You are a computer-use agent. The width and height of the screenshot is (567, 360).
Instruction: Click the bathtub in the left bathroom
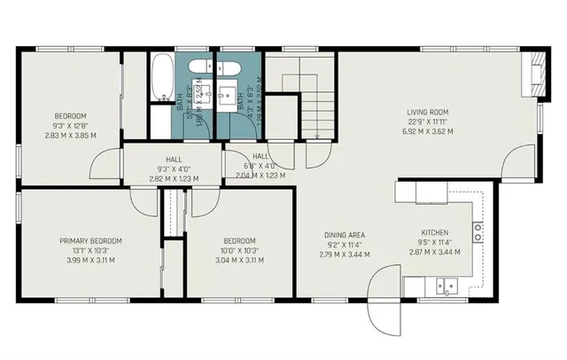pyautogui.click(x=161, y=78)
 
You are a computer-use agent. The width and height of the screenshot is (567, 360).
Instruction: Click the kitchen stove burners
pyautogui.click(x=478, y=233)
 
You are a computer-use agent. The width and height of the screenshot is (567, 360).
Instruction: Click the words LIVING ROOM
pyautogui.click(x=430, y=112)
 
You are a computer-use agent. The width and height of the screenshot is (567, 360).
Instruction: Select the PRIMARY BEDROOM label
pyautogui.click(x=90, y=240)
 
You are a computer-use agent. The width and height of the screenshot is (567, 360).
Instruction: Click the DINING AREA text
pyautogui.click(x=344, y=235)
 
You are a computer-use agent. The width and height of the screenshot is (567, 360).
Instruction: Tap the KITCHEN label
pyautogui.click(x=435, y=233)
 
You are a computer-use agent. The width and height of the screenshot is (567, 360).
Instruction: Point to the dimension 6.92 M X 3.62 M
pyautogui.click(x=430, y=131)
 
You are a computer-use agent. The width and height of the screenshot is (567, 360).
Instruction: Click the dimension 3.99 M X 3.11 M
pyautogui.click(x=90, y=261)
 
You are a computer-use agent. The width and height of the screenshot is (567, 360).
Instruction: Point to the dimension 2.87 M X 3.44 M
pyautogui.click(x=435, y=254)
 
